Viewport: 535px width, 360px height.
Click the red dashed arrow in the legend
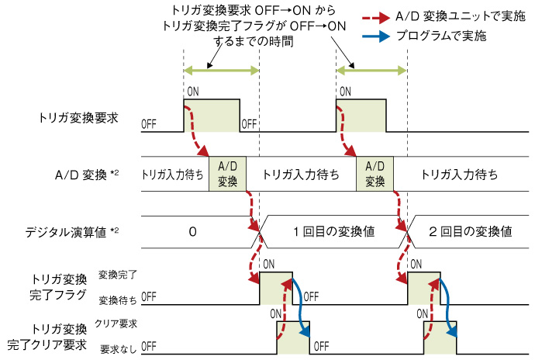coord(379,17)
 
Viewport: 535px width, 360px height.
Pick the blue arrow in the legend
coord(379,36)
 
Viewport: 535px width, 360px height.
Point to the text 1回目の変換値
coord(329,230)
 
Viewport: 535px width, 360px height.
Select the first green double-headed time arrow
coord(220,71)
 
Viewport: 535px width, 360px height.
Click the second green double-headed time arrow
coord(371,71)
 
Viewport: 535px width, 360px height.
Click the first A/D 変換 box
coord(227,173)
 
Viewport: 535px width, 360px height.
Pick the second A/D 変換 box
coord(374,173)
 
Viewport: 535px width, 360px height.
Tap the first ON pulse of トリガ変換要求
coord(211,116)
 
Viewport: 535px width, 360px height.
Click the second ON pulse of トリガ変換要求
coord(358,116)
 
